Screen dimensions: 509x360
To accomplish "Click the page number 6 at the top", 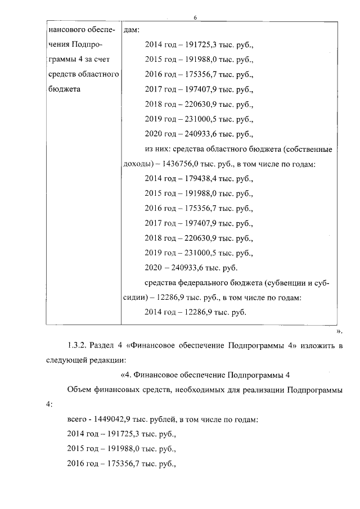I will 195,18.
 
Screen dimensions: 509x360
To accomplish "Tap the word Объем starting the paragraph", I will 79,389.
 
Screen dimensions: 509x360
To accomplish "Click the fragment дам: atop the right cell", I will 130,29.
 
